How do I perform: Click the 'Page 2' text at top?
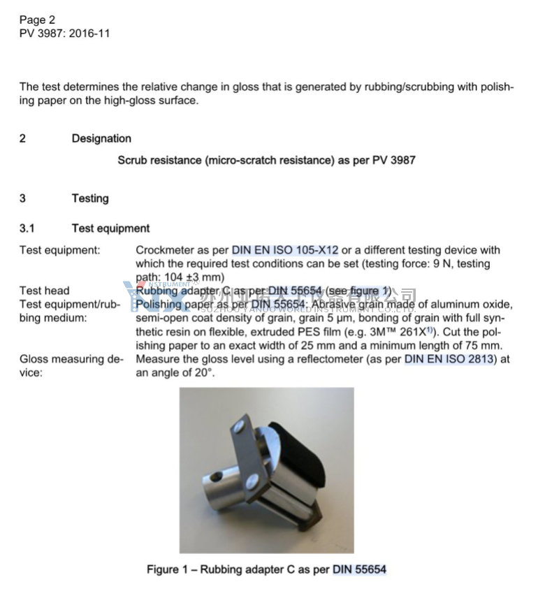[37, 20]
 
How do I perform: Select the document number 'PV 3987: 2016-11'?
[64, 33]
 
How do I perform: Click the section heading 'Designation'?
[101, 138]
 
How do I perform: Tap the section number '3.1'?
[27, 228]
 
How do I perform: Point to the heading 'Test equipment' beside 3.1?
[110, 228]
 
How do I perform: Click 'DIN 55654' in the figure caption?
[359, 569]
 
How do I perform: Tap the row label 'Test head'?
[45, 291]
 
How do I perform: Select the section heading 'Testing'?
[90, 198]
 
